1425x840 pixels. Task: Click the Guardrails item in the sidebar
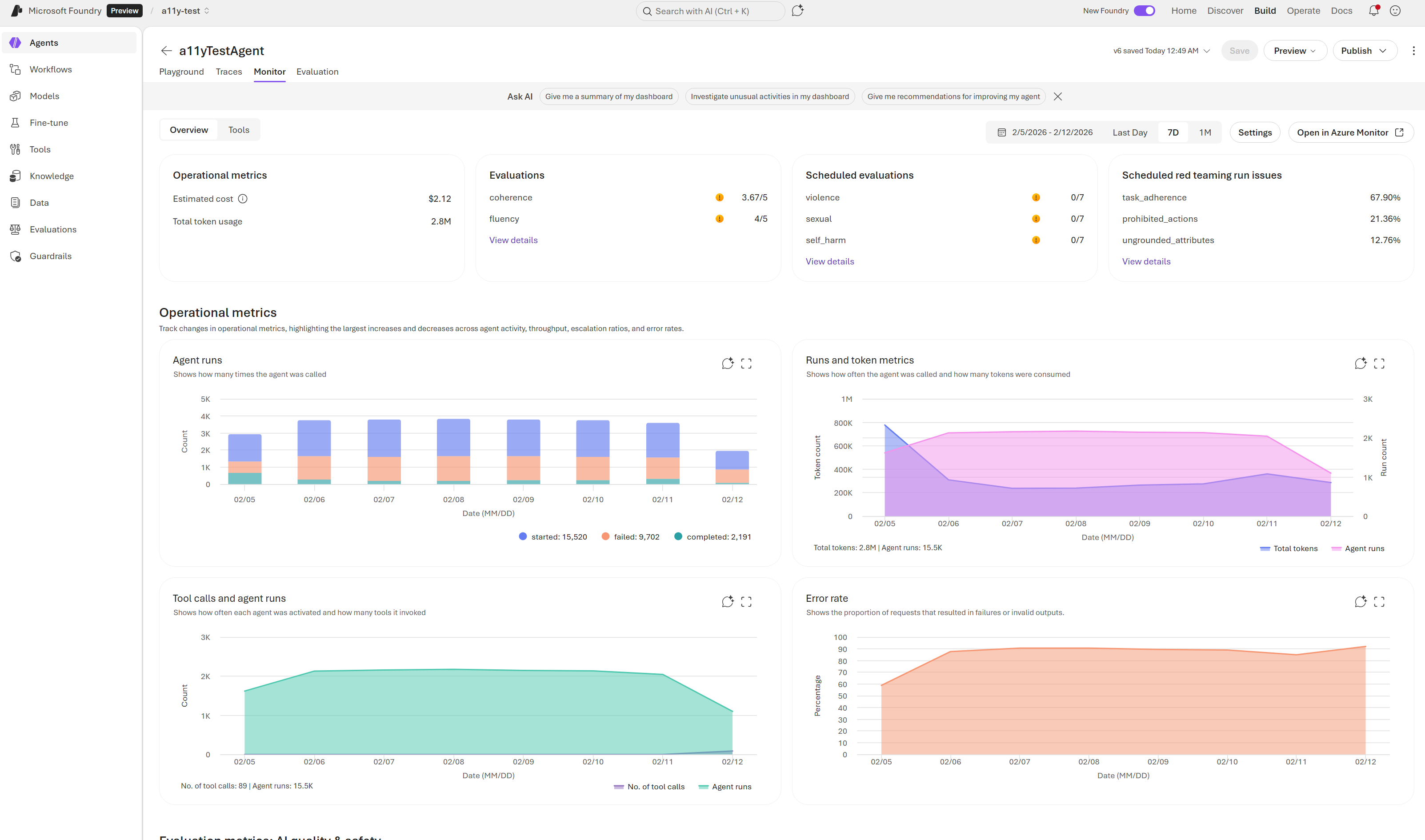click(50, 256)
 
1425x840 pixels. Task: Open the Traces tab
click(228, 71)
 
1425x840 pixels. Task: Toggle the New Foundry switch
click(1144, 11)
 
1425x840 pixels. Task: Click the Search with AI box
click(710, 11)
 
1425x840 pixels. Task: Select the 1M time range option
click(1205, 132)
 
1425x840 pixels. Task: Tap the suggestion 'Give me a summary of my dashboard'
click(608, 96)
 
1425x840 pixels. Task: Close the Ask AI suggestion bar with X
click(1057, 96)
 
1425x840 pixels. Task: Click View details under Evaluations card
click(513, 240)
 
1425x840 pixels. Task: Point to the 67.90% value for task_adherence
click(1384, 197)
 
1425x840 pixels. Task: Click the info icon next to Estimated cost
click(243, 199)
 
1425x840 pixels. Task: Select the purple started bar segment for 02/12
click(732, 460)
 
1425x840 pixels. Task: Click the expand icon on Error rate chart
click(1379, 602)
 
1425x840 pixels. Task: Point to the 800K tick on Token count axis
click(843, 423)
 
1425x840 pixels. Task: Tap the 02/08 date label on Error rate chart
click(1088, 762)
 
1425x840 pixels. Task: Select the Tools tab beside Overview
click(238, 130)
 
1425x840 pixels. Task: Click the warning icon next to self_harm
click(1036, 240)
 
